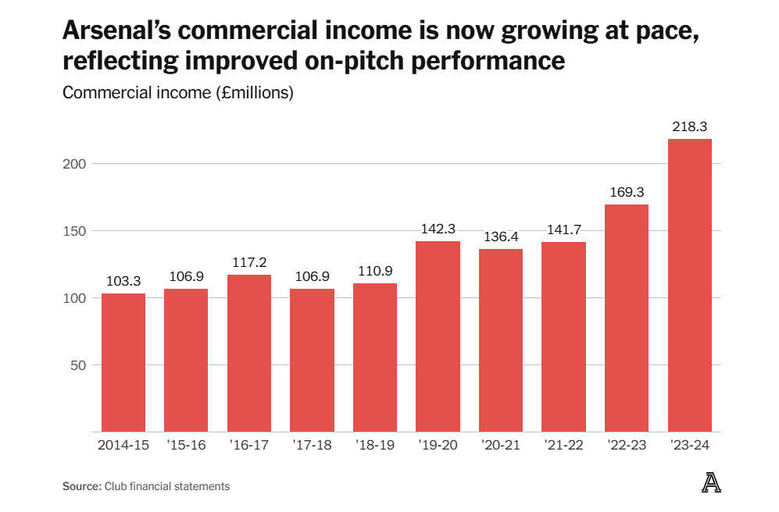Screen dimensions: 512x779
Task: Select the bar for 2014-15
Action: pos(123,362)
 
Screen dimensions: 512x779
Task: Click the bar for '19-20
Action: pos(438,336)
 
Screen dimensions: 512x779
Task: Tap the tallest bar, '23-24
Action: pos(689,286)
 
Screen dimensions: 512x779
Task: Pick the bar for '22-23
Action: pos(626,318)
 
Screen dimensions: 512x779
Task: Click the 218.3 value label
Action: pos(689,126)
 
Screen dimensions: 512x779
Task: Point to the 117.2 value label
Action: pos(249,262)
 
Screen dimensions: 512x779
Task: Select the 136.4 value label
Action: pos(500,236)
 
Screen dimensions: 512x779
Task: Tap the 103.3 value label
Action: pos(123,281)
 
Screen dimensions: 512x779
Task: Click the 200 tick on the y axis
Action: pos(74,164)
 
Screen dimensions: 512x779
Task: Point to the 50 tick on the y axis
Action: pos(78,364)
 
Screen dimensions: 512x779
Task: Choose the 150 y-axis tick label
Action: pos(74,231)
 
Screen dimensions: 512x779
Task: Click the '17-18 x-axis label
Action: pos(312,446)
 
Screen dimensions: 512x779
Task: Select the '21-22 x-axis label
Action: pos(563,446)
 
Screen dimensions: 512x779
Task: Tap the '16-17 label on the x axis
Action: pos(249,446)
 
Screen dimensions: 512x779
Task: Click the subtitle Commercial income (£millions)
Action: pos(177,93)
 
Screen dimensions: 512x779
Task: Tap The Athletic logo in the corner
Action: pos(711,484)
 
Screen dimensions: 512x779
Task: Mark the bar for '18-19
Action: pos(375,357)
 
